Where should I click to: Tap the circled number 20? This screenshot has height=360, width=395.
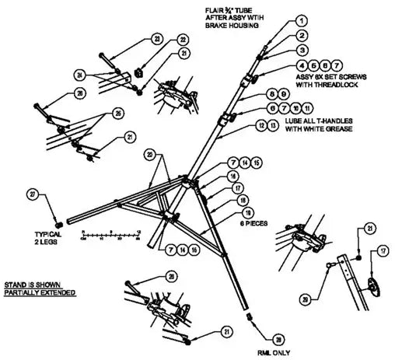coord(149,156)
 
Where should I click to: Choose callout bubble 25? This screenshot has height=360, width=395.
coord(118,113)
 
